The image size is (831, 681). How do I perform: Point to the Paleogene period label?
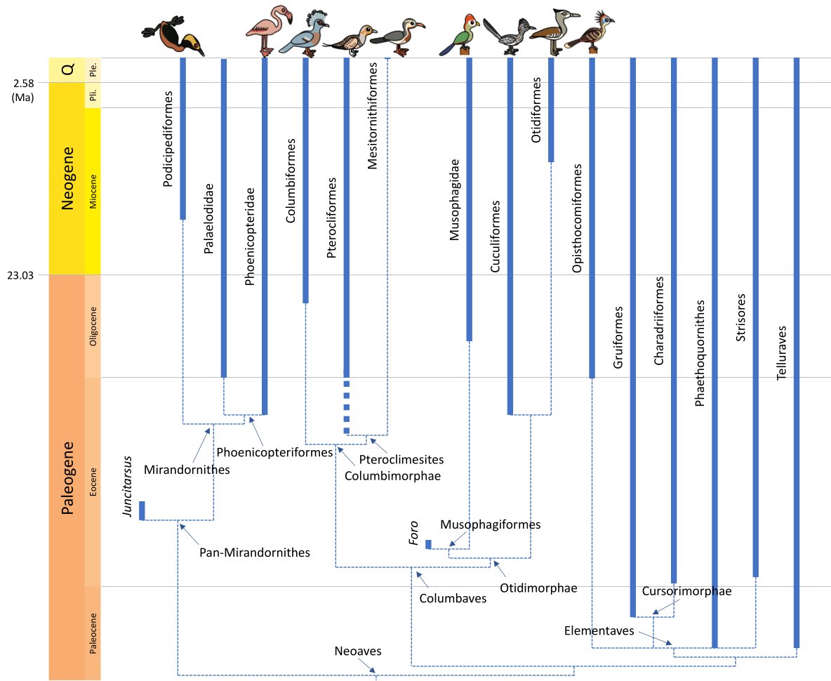(68, 477)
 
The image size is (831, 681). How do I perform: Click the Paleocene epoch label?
(93, 634)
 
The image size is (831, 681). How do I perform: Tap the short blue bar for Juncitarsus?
(142, 510)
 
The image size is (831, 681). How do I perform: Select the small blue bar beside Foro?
(428, 544)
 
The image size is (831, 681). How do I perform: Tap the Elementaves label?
(599, 631)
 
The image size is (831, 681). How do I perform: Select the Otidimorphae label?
(539, 588)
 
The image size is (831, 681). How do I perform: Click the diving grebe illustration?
(173, 38)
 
